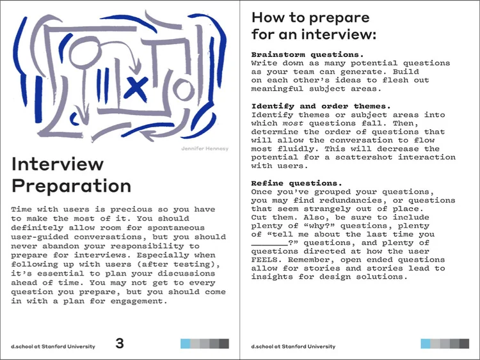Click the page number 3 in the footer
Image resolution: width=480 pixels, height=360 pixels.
click(x=120, y=343)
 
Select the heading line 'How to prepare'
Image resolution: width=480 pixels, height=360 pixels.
click(x=310, y=17)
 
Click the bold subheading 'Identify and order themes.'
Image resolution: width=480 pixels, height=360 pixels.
click(x=321, y=106)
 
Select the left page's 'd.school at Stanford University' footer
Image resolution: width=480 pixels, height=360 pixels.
click(x=52, y=347)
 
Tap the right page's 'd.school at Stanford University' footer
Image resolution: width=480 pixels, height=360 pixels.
click(x=293, y=347)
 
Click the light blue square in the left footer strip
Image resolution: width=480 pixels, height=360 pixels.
click(x=186, y=343)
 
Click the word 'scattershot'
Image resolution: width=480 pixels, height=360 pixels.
click(x=347, y=157)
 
